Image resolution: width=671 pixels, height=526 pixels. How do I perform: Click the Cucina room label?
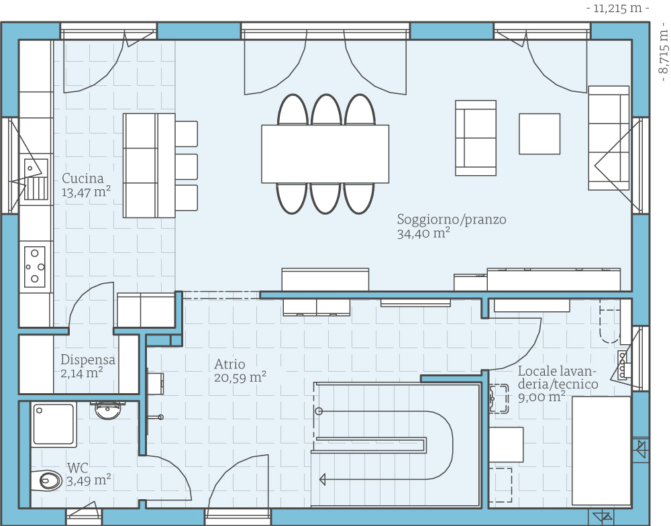coord(83,178)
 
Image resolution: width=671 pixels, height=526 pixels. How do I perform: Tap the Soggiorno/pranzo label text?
coord(452,219)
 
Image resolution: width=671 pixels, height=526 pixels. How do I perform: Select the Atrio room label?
coord(229,364)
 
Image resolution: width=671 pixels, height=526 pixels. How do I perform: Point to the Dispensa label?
coord(88,360)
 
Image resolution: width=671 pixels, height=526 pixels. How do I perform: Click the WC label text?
coord(77,468)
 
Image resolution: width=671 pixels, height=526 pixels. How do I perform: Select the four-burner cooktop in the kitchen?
coord(35,266)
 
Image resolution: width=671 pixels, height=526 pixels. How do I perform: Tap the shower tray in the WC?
coord(54,424)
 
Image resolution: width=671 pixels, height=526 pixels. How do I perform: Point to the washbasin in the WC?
coord(108,411)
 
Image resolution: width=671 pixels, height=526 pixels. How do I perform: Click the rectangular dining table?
coord(325,154)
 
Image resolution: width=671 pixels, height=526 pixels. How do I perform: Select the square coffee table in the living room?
coord(539,134)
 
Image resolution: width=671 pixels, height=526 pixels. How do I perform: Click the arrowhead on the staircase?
coord(323,479)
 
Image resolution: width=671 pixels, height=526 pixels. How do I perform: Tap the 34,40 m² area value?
coord(423,233)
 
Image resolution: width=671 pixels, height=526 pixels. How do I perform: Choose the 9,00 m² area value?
coord(541,397)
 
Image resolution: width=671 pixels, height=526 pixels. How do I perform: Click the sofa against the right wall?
coord(609,138)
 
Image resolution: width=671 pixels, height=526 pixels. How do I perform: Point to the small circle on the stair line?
coord(319,411)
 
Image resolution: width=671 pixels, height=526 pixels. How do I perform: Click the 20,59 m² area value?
coord(240,378)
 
